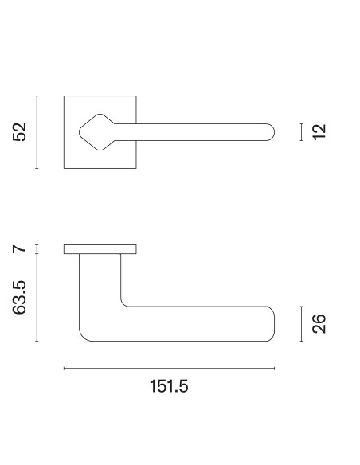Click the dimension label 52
[20, 131]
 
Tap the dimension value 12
[319, 132]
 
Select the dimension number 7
[20, 248]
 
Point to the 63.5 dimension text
[20, 298]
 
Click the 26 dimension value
[319, 323]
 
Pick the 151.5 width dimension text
[169, 386]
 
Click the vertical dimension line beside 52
[37, 132]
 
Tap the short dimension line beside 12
[301, 132]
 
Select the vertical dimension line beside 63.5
[37, 298]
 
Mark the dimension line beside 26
[301, 323]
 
